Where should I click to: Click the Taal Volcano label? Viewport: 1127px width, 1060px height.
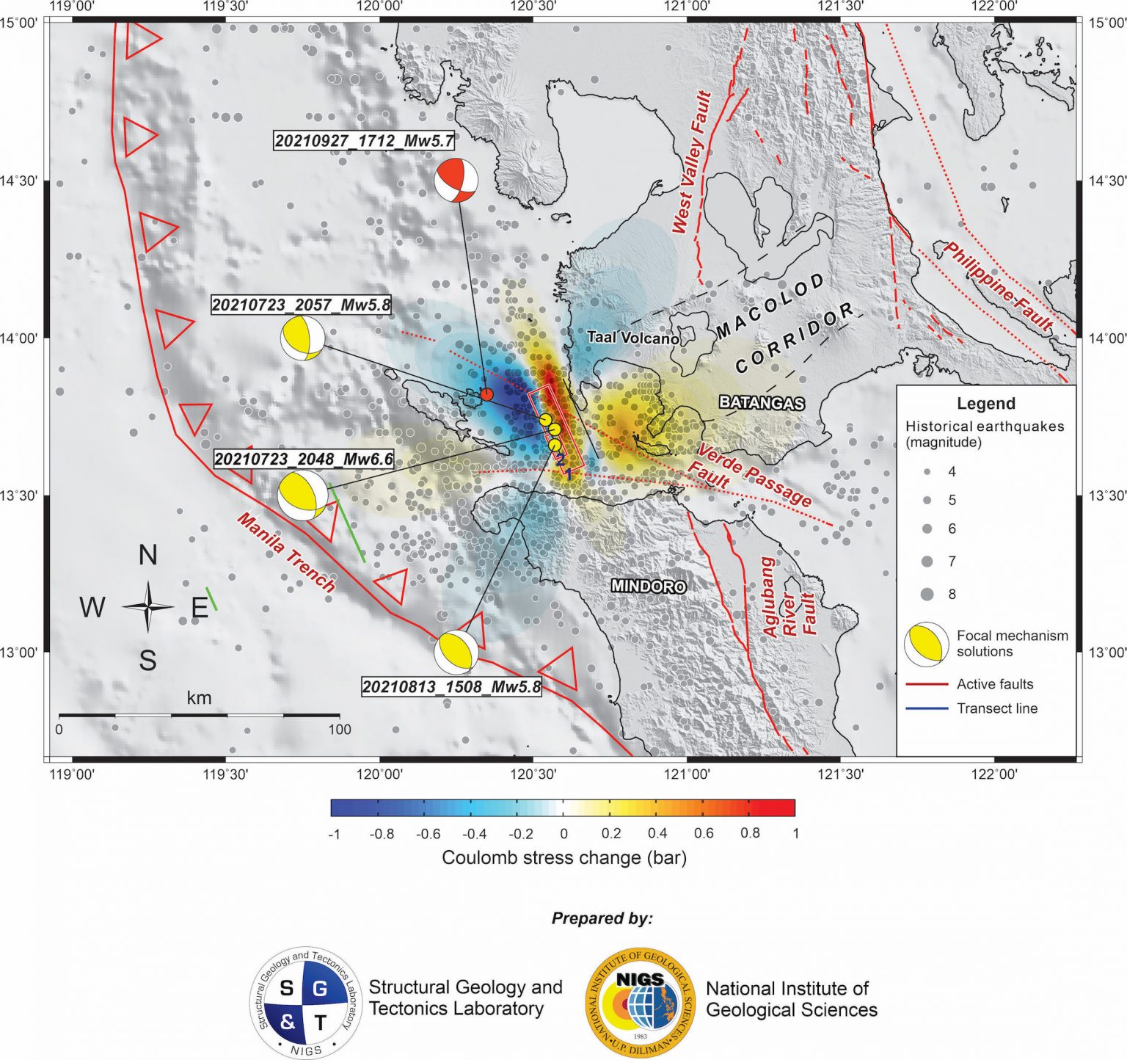click(x=632, y=338)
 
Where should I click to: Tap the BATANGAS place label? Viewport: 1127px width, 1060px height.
click(x=762, y=402)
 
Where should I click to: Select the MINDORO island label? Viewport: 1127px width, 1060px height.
click(x=649, y=586)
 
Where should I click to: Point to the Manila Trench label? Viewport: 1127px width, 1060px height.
click(x=286, y=553)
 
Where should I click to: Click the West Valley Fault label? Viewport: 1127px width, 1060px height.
click(x=692, y=162)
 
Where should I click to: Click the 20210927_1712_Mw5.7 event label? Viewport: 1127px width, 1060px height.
click(x=364, y=141)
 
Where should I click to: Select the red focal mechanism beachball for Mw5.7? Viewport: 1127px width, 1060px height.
click(x=456, y=179)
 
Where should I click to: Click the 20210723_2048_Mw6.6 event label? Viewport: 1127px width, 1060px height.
click(x=304, y=460)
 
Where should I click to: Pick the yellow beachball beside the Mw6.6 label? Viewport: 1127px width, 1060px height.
click(x=303, y=496)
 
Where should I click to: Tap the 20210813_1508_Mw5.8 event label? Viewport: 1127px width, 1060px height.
click(x=451, y=687)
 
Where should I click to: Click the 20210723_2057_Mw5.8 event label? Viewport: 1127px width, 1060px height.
click(x=301, y=305)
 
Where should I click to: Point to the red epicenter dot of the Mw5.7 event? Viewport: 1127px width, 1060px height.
click(x=486, y=394)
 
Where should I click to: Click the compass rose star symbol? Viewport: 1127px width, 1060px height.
click(x=147, y=607)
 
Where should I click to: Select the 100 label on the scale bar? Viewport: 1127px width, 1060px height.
click(x=339, y=730)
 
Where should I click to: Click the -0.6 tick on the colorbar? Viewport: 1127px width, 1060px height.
click(x=428, y=833)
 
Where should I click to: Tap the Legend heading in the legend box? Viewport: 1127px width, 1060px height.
click(x=985, y=404)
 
